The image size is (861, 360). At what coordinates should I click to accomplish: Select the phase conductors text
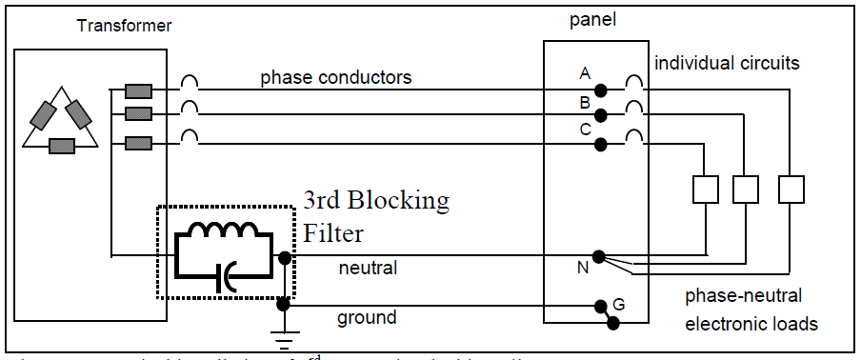(336, 77)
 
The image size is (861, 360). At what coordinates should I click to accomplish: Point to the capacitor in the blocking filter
(221, 275)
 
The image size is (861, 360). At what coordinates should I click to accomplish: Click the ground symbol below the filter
(283, 335)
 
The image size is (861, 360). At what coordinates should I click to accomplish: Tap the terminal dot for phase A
(600, 91)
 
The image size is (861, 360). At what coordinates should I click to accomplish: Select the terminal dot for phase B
(600, 116)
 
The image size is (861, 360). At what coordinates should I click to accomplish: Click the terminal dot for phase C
(600, 144)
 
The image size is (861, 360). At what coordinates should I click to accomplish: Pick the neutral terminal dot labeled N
(597, 256)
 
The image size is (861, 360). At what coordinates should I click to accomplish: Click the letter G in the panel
(618, 305)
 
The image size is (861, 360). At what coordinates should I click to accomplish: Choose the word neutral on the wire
(368, 270)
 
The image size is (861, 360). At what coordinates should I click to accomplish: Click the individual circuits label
(727, 63)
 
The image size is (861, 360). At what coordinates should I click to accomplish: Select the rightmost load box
(791, 190)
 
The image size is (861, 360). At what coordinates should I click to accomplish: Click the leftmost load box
(704, 190)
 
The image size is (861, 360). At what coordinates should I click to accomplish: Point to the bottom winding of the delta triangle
(62, 146)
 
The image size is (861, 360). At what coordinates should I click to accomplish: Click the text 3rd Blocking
(375, 201)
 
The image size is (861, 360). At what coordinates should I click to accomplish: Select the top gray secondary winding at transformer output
(138, 91)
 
